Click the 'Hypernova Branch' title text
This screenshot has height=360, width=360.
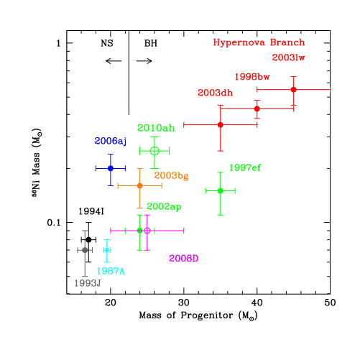click(259, 42)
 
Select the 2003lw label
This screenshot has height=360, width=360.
click(288, 58)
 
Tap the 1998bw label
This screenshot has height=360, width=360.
click(251, 77)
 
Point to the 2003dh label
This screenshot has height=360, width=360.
click(215, 93)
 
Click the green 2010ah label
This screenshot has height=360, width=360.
click(156, 128)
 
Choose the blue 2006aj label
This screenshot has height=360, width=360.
click(110, 142)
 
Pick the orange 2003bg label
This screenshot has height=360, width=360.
click(171, 175)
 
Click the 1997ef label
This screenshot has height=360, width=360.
click(245, 167)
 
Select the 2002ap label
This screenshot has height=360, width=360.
click(164, 207)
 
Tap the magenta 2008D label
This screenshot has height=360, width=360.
click(183, 259)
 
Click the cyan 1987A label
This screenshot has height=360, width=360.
click(111, 271)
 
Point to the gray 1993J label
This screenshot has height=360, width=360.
click(87, 283)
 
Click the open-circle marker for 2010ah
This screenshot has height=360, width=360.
click(154, 151)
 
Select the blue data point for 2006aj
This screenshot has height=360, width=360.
click(110, 168)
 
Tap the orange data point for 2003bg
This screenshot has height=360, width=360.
click(139, 185)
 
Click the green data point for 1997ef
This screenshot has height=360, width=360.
click(220, 190)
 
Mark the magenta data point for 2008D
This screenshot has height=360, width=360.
click(147, 231)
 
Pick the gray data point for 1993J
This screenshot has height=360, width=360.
click(85, 250)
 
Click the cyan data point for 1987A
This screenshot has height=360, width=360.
click(106, 250)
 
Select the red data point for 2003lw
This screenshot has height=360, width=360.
click(293, 90)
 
